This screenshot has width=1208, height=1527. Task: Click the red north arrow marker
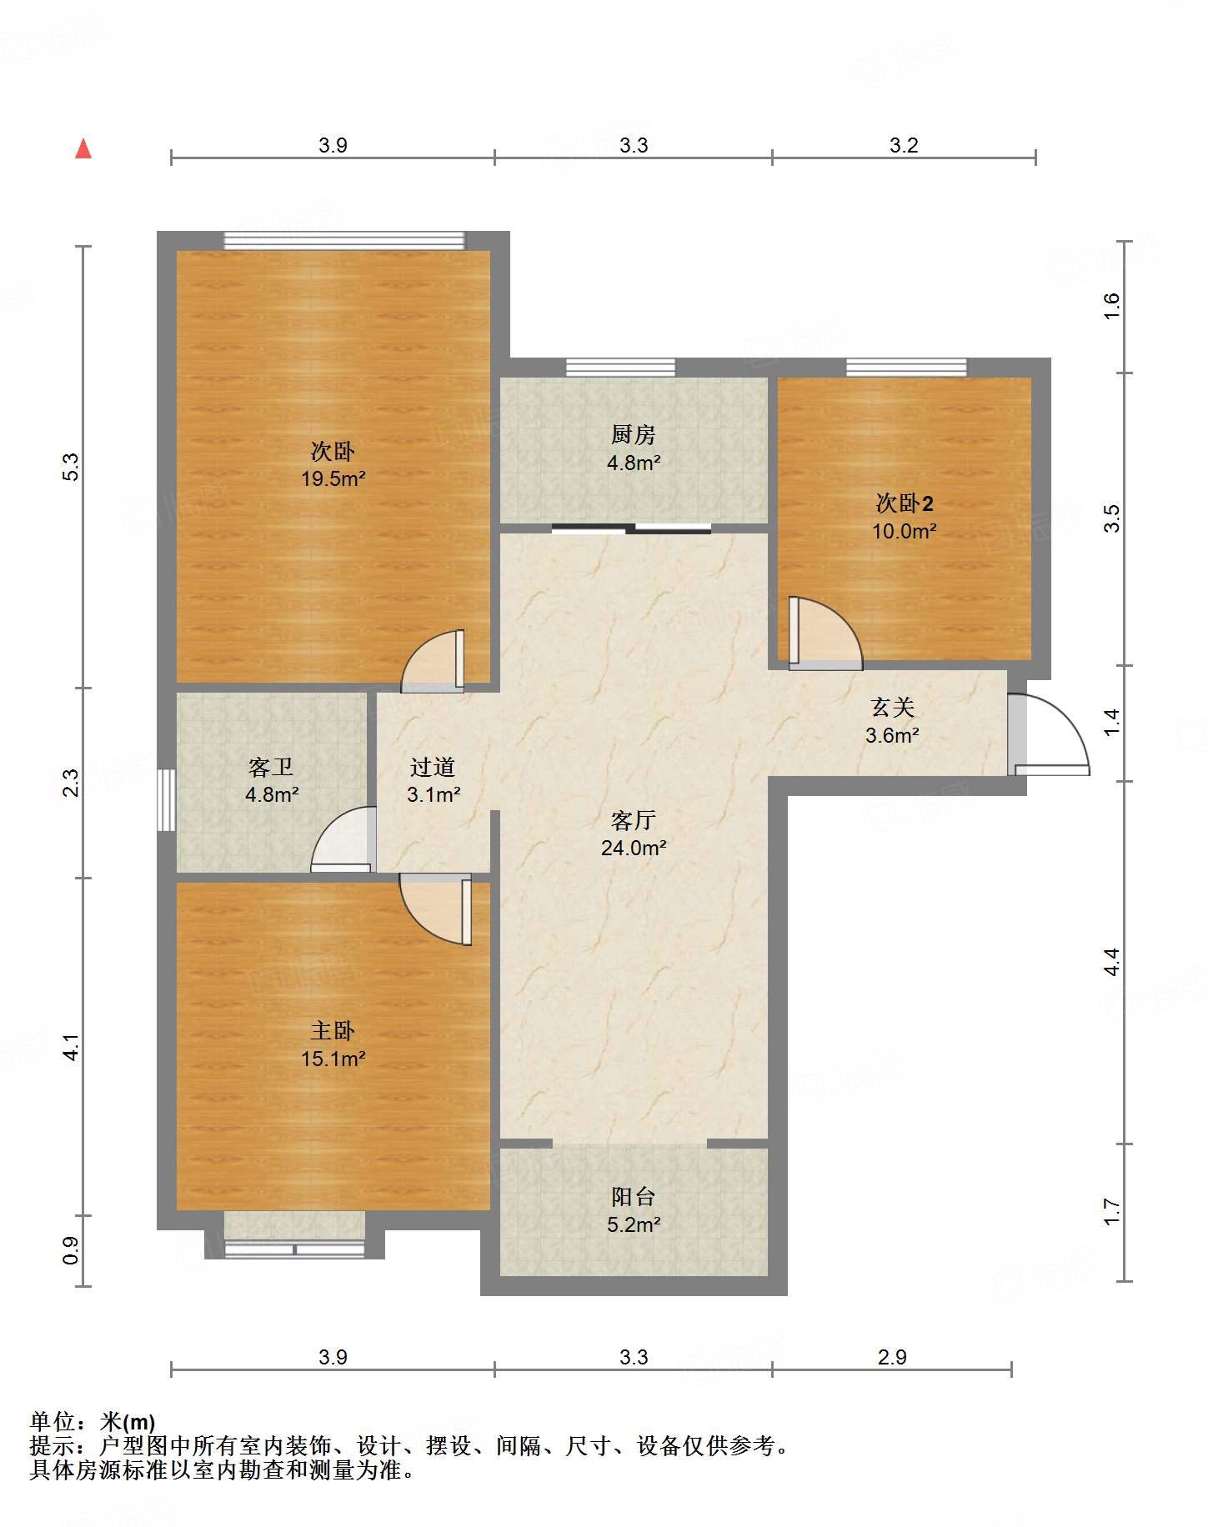pos(83,148)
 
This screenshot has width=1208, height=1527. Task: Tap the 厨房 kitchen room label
pos(634,434)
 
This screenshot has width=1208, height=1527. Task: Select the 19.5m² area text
pos(333,478)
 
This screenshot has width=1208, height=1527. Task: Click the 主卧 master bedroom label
pos(333,1031)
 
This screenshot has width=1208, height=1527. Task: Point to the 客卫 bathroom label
pos(271,767)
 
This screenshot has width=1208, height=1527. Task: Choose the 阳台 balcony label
pos(634,1197)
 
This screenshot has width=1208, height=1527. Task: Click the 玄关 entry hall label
pos(893,708)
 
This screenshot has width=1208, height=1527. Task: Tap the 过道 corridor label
pos(433,767)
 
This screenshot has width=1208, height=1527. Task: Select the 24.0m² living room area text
pos(634,849)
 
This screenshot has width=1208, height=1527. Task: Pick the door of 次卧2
pos(825,633)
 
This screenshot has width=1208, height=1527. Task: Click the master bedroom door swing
pos(436,909)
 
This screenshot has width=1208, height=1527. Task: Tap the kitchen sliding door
pos(631,528)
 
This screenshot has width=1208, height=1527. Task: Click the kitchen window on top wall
pos(620,368)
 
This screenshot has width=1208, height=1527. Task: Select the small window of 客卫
pos(167,800)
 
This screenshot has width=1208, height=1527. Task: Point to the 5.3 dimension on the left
pos(72,467)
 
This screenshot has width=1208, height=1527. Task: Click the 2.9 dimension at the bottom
pos(892,1357)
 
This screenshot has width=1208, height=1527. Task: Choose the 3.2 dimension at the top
pos(904,146)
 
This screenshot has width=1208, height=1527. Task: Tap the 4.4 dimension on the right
pos(1112,963)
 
